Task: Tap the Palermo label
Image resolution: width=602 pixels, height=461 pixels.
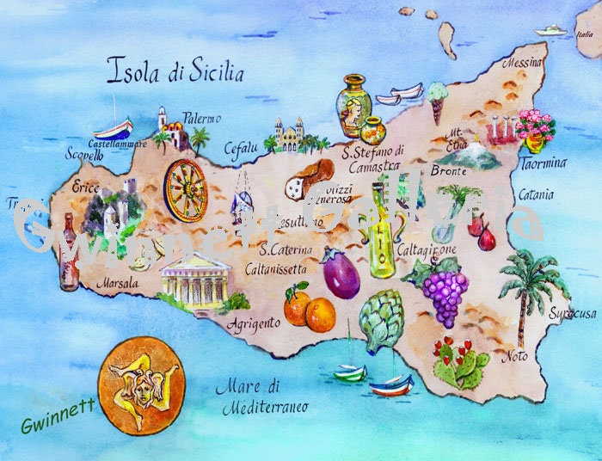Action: (x=202, y=118)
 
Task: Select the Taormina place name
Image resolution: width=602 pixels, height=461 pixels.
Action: (x=543, y=163)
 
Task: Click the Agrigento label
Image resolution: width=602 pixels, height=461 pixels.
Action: (x=254, y=323)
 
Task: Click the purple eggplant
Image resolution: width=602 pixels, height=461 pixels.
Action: (x=341, y=274)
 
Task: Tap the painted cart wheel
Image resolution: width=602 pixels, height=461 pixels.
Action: (x=186, y=189)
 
